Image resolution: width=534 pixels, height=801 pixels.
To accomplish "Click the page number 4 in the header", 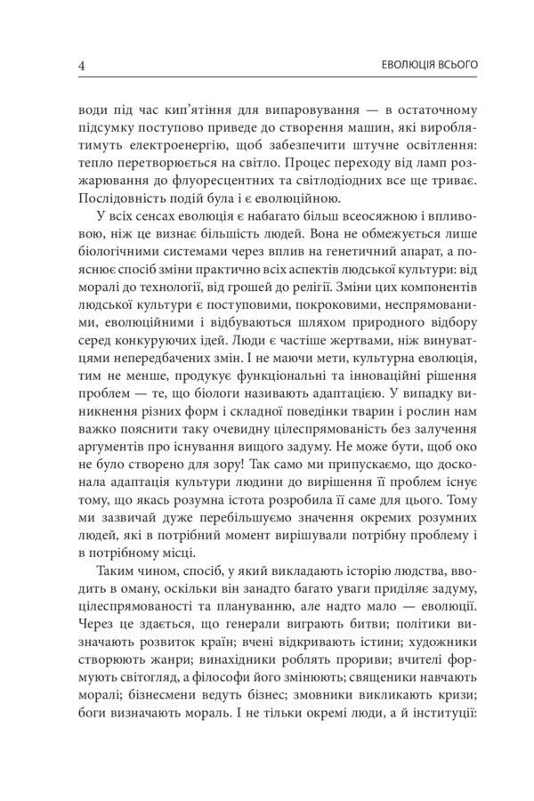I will tap(82, 65).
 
